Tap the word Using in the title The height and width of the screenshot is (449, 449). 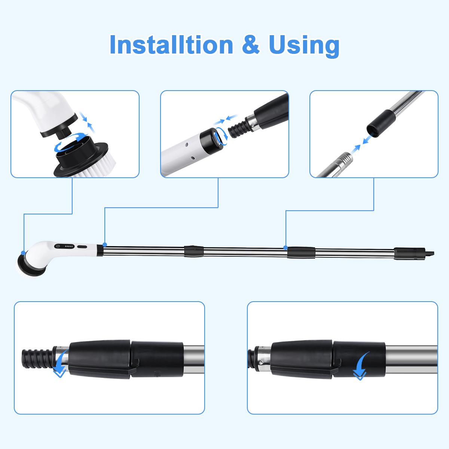(x=304, y=46)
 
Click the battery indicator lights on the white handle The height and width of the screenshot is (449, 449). (x=69, y=247)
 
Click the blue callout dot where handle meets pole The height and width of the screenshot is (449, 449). (x=105, y=244)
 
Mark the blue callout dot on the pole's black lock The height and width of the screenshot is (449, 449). (x=285, y=248)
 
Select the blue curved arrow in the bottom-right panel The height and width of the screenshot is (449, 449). (x=361, y=366)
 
